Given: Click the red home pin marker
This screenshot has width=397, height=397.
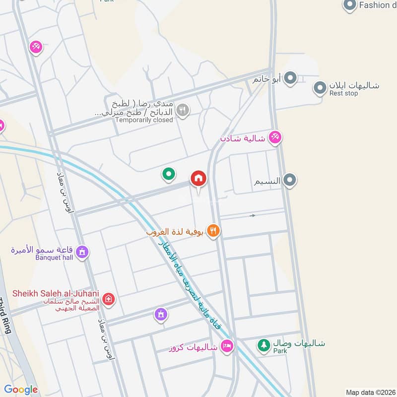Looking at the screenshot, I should tap(198, 178).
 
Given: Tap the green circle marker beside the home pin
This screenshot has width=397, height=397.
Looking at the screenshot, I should tap(169, 174).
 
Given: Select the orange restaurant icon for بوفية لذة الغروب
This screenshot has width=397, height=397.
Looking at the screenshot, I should tap(214, 230).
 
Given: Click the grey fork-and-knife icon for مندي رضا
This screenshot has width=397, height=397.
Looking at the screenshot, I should tap(183, 110).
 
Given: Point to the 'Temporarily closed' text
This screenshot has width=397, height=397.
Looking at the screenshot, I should tap(144, 120).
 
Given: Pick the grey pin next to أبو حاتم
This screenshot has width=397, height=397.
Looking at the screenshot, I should tap(290, 78).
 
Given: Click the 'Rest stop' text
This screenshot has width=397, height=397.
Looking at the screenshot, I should tap(343, 93).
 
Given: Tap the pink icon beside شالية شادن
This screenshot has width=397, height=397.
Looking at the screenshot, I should tap(274, 137).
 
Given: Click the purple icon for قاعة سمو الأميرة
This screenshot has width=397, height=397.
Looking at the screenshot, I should tap(83, 252).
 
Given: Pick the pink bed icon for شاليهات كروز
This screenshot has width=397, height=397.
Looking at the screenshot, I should tap(227, 346).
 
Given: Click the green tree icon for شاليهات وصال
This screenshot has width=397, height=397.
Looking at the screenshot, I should tap(263, 344).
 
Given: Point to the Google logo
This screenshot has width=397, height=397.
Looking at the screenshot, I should tap(21, 390).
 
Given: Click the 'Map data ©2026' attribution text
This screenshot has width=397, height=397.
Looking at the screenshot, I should tap(370, 393).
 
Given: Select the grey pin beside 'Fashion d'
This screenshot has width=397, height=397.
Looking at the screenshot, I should tap(350, 5).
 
